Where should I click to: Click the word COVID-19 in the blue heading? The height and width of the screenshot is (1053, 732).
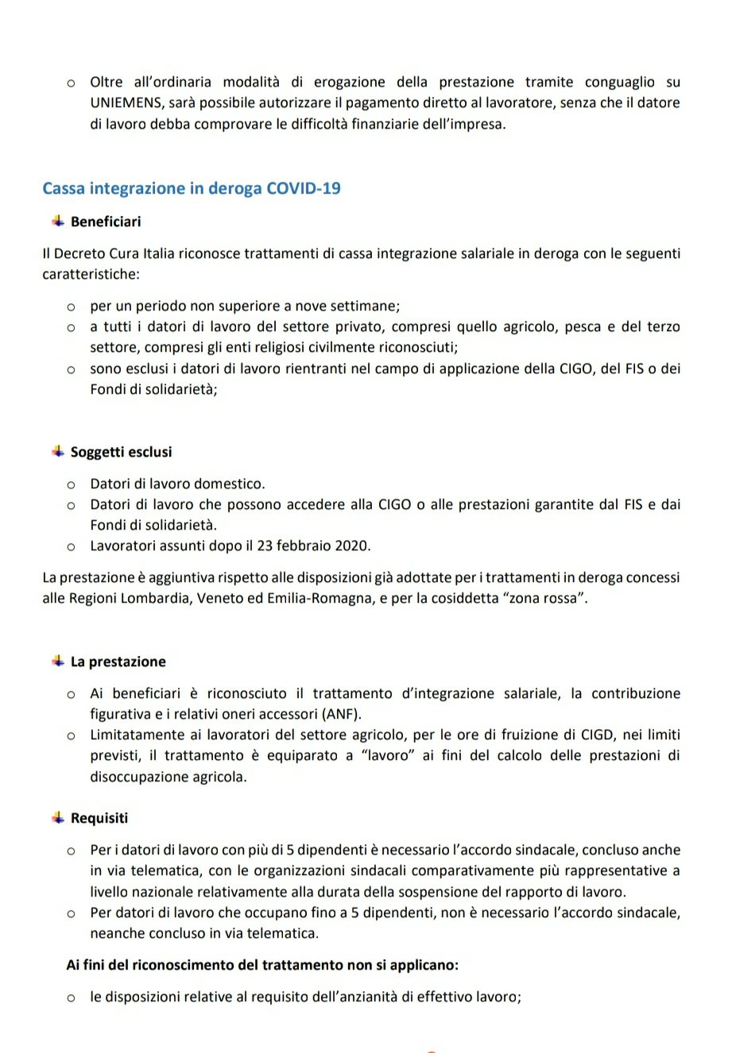pyautogui.click(x=304, y=188)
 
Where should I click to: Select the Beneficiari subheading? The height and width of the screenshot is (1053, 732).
pyautogui.click(x=106, y=222)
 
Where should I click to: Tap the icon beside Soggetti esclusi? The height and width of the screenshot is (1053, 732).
pyautogui.click(x=58, y=451)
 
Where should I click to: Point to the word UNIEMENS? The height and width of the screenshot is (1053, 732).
pyautogui.click(x=126, y=103)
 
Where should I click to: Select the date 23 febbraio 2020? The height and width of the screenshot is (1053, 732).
pyautogui.click(x=315, y=546)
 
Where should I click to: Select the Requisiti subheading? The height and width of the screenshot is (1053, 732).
pyautogui.click(x=99, y=819)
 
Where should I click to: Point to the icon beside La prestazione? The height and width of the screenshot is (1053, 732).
pyautogui.click(x=58, y=661)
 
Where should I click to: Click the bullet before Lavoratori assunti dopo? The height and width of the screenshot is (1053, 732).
pyautogui.click(x=71, y=546)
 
